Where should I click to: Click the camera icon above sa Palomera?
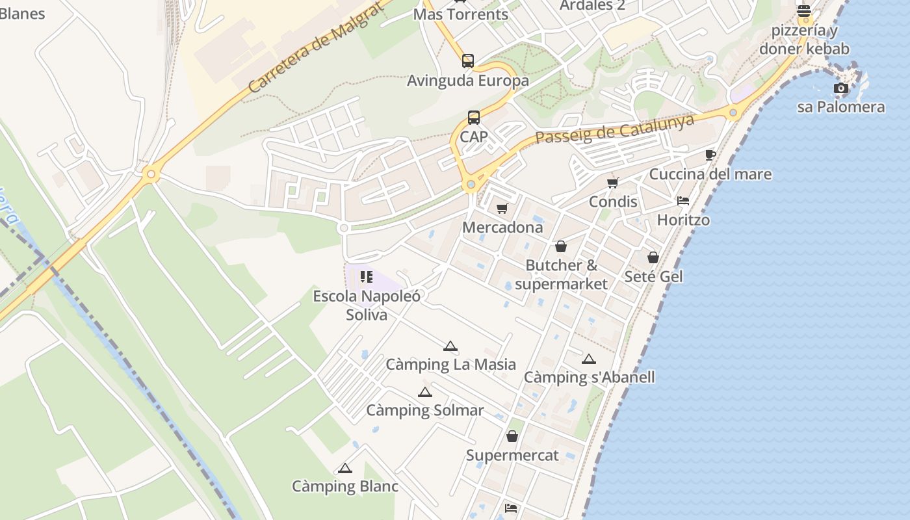coord(841,88)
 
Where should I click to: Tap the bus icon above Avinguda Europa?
coord(468,61)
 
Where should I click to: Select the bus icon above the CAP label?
coord(474,118)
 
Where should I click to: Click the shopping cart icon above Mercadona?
coord(502,209)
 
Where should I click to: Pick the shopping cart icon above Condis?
coord(613,183)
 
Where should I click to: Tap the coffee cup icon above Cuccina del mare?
coord(710,155)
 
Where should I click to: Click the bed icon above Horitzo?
coord(683,201)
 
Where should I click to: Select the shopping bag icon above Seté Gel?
coord(653,257)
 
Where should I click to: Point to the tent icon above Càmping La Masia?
coord(450,346)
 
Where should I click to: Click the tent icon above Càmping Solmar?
coord(424,392)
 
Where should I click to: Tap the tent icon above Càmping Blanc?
coord(345,468)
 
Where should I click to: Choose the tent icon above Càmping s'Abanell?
coord(589,359)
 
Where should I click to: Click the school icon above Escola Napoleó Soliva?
coord(367,278)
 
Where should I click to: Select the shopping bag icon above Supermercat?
coord(512,436)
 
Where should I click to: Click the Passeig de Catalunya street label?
coord(614,129)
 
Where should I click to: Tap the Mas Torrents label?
coord(461,14)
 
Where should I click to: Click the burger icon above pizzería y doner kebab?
coord(804,11)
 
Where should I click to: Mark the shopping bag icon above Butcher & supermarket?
coord(561,246)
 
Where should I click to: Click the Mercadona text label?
coord(502,227)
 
